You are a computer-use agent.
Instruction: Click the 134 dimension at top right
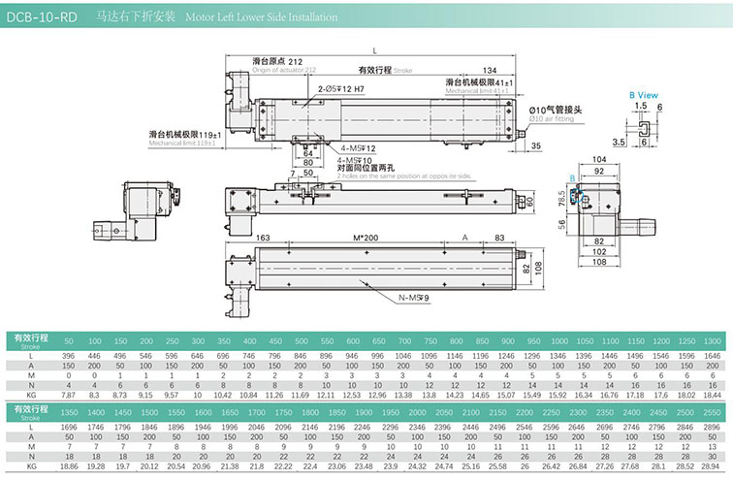coord(490,70)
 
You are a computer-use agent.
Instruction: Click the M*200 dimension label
coord(365,239)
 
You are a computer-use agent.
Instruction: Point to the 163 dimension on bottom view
coord(262,239)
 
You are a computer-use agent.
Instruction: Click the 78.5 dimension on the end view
coord(560,198)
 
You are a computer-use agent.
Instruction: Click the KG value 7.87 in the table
coord(68,396)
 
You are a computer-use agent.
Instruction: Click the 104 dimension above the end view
coord(599,159)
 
